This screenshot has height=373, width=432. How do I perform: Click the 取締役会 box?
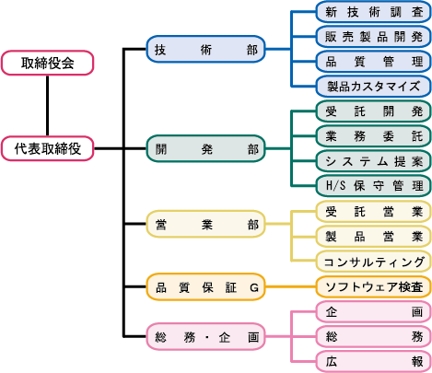coord(48,63)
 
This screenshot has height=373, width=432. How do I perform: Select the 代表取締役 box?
coord(48,148)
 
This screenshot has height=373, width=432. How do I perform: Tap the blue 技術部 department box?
coord(205,49)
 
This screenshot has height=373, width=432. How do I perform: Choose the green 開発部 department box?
coord(205,148)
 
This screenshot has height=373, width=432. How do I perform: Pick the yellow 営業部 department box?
coord(205,224)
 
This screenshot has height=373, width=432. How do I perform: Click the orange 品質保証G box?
coord(205,286)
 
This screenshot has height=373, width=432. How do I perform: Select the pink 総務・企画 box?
coord(205,337)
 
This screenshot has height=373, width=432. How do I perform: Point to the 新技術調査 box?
coord(374,12)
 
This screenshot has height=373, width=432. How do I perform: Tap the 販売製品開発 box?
coord(374,37)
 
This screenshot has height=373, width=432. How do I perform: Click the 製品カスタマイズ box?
coord(374,87)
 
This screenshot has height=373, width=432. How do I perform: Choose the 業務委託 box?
coord(374,136)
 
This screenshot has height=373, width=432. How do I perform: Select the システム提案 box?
coord(374,161)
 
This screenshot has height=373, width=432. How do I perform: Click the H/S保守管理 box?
coord(374,186)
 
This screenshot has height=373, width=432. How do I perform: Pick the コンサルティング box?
coord(374,262)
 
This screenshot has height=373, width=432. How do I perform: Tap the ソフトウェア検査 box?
coord(374,286)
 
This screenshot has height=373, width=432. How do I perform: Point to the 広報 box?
coord(374,362)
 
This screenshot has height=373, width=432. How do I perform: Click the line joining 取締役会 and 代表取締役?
coord(48,106)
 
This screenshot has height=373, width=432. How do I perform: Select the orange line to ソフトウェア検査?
coord(291,286)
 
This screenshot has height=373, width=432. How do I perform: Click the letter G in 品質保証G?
coord(254,287)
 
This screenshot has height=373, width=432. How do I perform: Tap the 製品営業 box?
coord(374,237)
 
